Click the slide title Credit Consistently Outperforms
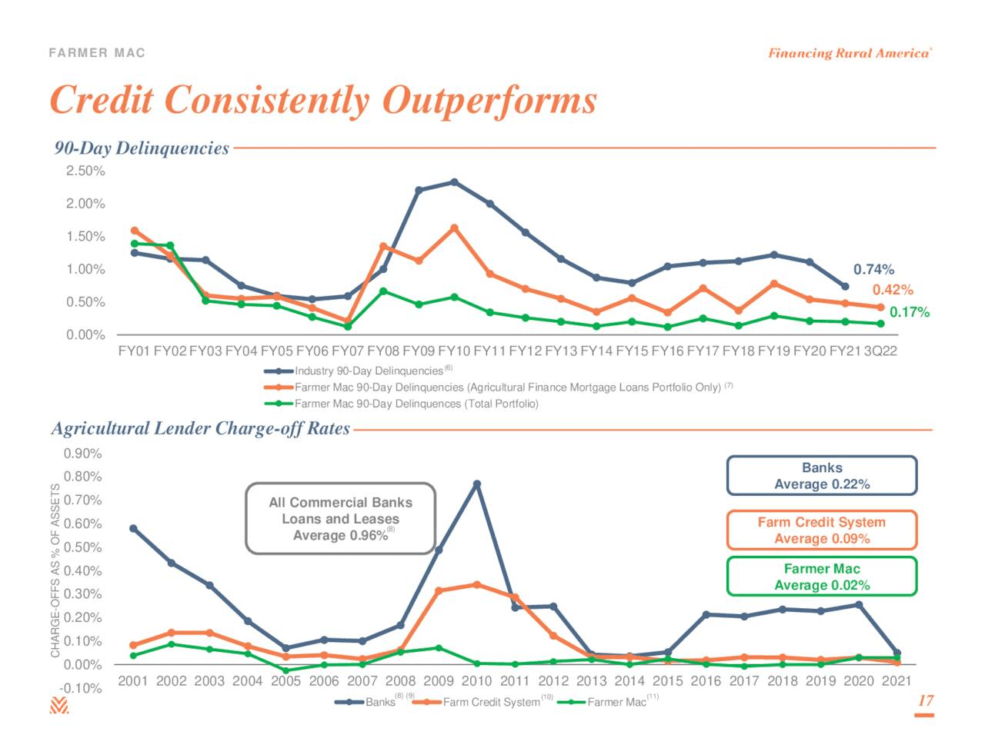323,101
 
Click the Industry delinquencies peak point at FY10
454,182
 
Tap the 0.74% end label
873,270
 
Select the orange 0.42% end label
892,290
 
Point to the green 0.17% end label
909,312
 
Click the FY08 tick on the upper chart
382,351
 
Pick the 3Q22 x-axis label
880,351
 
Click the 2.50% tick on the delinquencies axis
85,171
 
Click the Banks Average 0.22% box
821,476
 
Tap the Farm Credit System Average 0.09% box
821,530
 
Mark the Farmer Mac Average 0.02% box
821,577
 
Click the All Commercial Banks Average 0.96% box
340,519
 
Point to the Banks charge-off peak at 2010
477,484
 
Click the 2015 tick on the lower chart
667,681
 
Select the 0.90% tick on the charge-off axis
82,454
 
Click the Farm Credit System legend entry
490,702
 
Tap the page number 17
925,700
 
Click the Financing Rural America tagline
849,53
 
